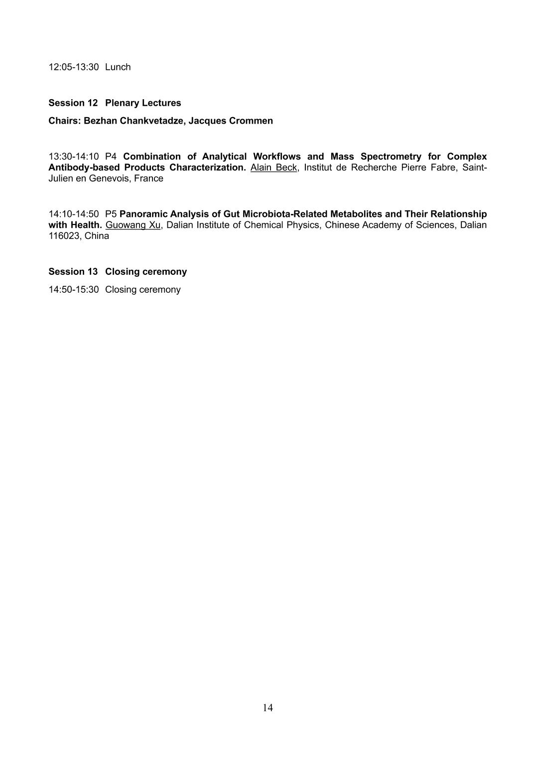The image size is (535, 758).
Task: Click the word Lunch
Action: point(118,67)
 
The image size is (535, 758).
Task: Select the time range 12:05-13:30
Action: point(74,67)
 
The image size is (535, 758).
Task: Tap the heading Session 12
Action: point(73,103)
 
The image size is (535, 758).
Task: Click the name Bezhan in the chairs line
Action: point(100,121)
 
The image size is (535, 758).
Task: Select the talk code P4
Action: point(111,157)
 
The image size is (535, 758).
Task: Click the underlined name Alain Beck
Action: point(273,168)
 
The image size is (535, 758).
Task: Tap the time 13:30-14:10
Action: point(74,157)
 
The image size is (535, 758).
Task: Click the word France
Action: point(148,179)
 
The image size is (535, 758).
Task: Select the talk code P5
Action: point(111,214)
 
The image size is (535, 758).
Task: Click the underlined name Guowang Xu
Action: point(133,225)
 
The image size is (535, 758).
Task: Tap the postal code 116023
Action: point(63,236)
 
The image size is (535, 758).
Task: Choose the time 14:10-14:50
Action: point(74,214)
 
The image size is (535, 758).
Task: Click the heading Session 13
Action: point(73,272)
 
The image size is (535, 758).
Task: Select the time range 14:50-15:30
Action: point(74,290)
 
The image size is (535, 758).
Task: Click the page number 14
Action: point(267,708)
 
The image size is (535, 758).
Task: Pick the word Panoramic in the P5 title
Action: point(143,214)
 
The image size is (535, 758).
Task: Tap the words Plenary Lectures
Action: point(143,103)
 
